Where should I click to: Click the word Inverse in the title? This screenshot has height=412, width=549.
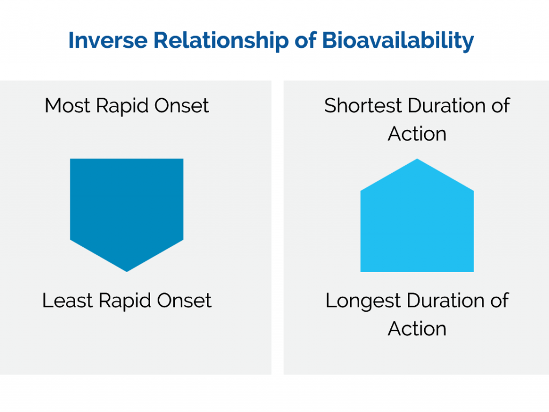tap(108, 40)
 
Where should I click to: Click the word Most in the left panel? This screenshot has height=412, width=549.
tap(67, 106)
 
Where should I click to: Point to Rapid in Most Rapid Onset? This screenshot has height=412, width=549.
tap(122, 107)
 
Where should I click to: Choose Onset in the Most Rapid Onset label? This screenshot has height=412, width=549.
tap(181, 106)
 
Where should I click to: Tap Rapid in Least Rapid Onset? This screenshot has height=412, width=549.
tap(124, 301)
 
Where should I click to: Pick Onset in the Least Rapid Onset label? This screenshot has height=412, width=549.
tap(184, 300)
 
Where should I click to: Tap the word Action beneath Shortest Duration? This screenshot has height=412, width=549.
tap(417, 134)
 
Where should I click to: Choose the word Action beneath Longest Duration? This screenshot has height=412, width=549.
tap(417, 329)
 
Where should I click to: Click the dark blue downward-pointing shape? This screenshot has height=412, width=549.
tap(127, 207)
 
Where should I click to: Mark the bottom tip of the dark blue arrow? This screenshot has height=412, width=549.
tap(127, 271)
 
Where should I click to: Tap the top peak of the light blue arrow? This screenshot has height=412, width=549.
tap(417, 159)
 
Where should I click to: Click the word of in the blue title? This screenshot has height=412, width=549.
tap(305, 40)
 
